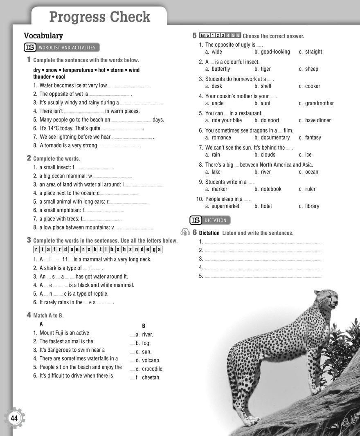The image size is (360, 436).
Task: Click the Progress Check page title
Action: tap(99, 17)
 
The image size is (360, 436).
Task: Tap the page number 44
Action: tap(15, 418)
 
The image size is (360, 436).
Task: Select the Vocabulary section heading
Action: tap(43, 36)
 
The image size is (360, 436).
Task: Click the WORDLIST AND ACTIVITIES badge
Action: tap(62, 47)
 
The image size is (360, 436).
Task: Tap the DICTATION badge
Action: tap(210, 220)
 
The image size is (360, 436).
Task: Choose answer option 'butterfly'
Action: tap(221, 69)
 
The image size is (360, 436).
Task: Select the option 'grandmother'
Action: tap(319, 103)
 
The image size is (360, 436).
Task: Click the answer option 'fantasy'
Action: tap(313, 138)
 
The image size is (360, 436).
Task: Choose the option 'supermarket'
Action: tap(225, 206)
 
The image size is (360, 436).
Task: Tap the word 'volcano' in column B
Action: tap(151, 360)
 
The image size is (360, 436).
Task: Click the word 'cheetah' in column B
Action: tap(151, 378)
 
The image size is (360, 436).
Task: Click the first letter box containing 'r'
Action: tap(36, 249)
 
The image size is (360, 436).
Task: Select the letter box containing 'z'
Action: tap(130, 249)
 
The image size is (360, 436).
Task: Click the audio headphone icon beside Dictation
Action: tap(184, 232)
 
